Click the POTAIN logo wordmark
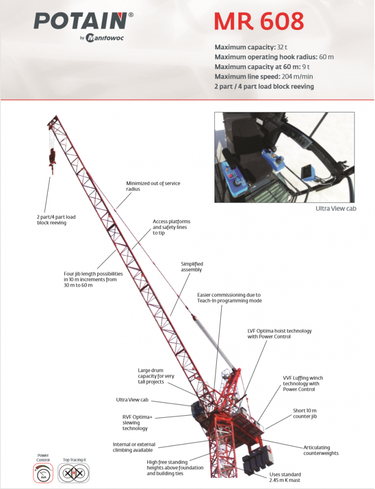(81, 22)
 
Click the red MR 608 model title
(259, 21)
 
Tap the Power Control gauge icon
(43, 473)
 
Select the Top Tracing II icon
(74, 473)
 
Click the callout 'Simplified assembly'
(191, 267)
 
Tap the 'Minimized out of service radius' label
(153, 186)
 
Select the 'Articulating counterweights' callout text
(321, 450)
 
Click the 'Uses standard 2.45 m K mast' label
(285, 477)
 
